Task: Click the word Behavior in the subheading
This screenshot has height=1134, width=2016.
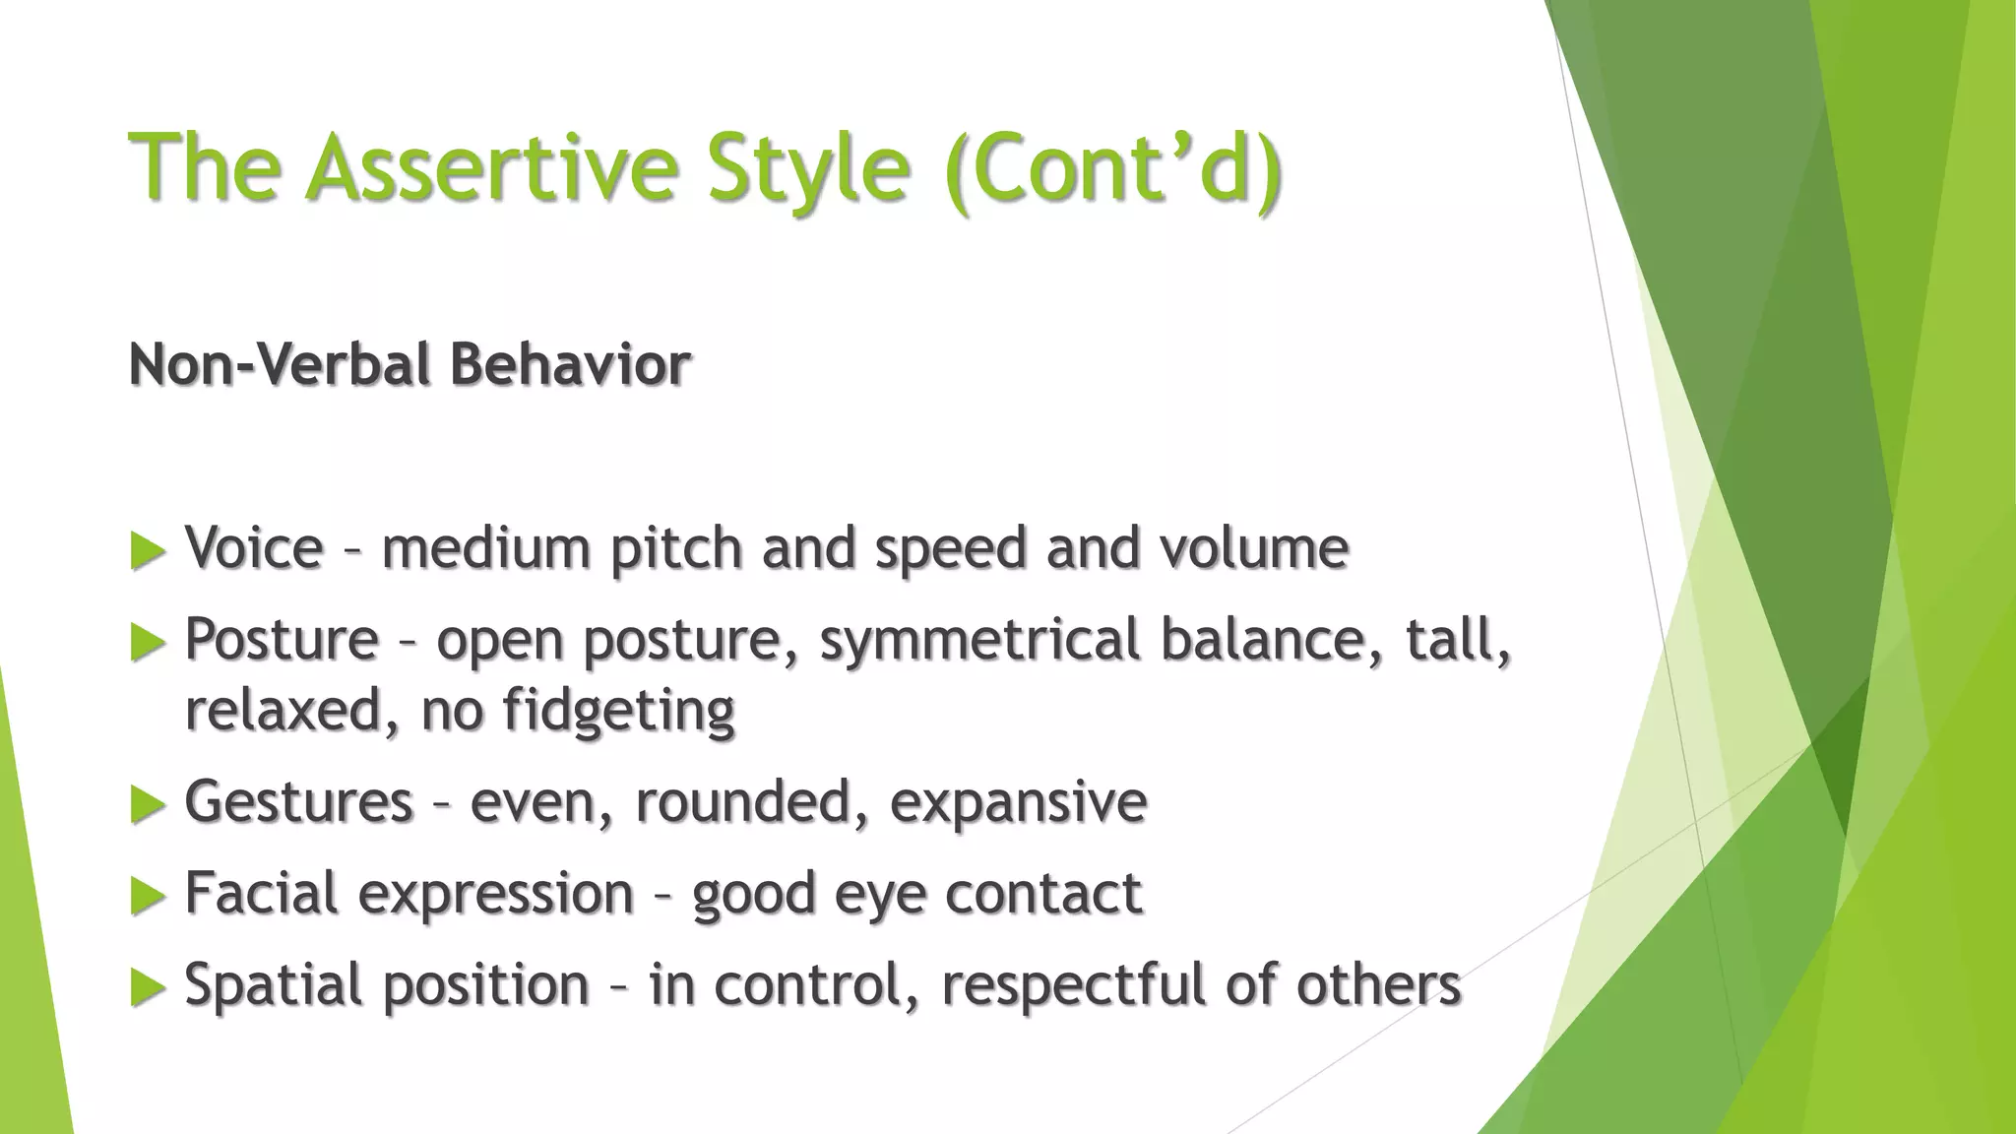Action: point(570,364)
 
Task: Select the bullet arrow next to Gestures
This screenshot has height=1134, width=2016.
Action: point(148,804)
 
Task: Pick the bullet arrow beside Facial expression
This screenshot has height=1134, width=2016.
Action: point(148,896)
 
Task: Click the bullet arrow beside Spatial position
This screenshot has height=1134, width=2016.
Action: point(148,987)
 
